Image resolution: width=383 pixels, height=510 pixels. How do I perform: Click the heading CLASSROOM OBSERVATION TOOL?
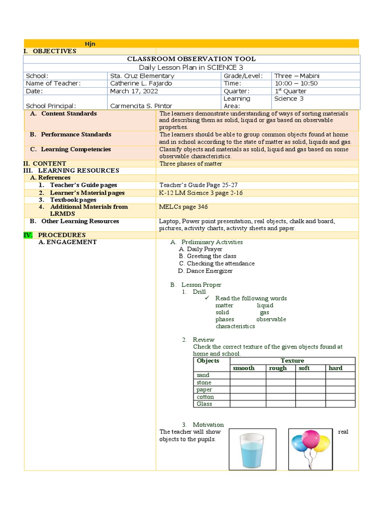(x=191, y=59)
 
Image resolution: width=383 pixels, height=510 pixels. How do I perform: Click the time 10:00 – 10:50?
(x=296, y=84)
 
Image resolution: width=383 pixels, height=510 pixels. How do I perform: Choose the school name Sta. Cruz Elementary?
(x=142, y=76)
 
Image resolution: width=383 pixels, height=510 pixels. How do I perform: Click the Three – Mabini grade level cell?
(x=297, y=76)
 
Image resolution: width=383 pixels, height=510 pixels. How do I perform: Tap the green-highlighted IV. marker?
(x=28, y=235)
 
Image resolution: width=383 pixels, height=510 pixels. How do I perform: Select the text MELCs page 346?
(x=184, y=207)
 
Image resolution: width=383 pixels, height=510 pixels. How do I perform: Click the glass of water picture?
(x=252, y=449)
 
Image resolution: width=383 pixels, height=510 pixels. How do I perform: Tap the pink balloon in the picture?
(x=311, y=438)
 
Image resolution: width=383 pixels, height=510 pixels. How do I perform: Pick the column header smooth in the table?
(x=244, y=368)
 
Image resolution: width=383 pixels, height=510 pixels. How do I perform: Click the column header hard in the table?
(x=335, y=368)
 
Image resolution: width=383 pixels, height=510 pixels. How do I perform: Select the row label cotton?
(x=205, y=397)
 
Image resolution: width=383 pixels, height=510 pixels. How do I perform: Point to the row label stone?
(x=204, y=382)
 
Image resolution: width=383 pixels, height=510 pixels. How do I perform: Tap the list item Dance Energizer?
(x=205, y=271)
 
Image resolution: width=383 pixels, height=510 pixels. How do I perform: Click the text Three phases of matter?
(x=191, y=163)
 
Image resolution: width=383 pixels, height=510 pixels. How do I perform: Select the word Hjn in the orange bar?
(x=90, y=44)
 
